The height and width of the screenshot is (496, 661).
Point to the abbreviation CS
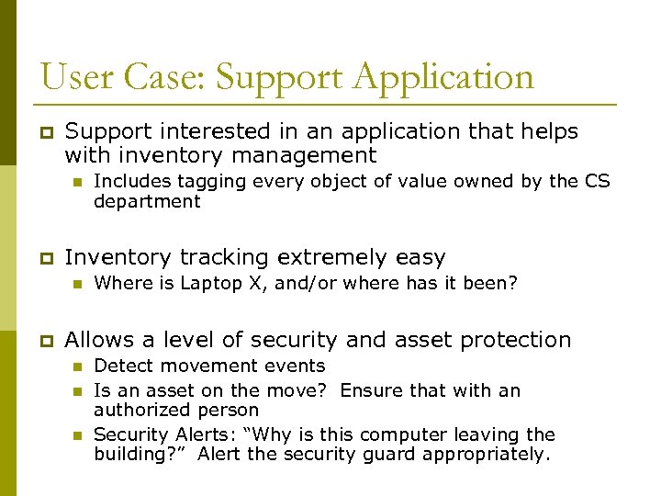pyautogui.click(x=597, y=181)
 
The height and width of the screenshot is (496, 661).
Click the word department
pyautogui.click(x=147, y=201)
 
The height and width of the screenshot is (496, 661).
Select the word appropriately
pyautogui.click(x=496, y=454)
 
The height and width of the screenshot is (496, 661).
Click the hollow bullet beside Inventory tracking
pyautogui.click(x=41, y=259)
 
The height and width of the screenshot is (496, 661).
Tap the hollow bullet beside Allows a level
pyautogui.click(x=41, y=341)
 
